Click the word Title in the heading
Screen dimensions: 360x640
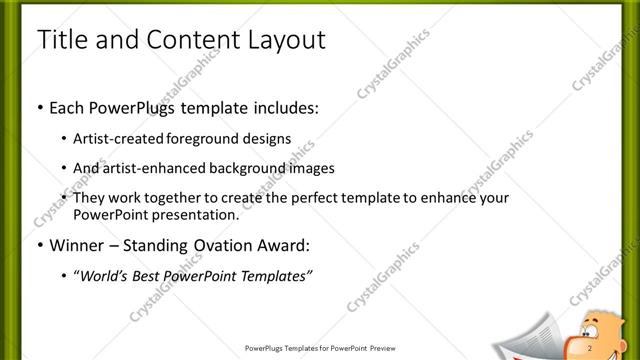60,41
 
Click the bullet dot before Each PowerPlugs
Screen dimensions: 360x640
39,105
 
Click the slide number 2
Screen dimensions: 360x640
591,347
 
